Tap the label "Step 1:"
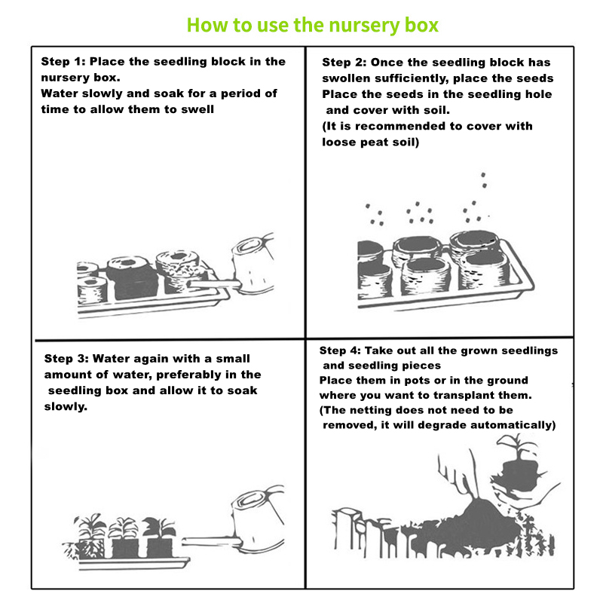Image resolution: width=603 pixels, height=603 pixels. click(63, 62)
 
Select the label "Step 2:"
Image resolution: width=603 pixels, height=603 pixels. click(344, 63)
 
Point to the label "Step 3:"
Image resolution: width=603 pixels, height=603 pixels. click(66, 359)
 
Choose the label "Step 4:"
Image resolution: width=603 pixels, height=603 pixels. click(340, 350)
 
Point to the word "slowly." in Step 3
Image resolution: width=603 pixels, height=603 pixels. click(66, 406)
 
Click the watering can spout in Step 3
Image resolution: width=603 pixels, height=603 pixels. click(211, 542)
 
